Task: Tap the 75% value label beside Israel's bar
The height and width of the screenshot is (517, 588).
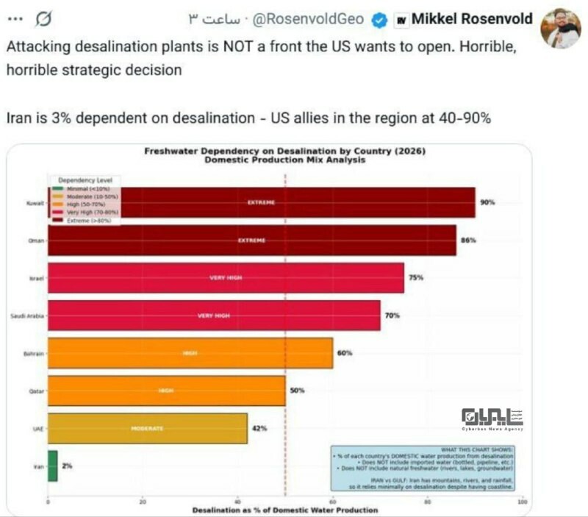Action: tap(417, 278)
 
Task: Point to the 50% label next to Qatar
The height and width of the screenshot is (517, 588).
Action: tap(297, 391)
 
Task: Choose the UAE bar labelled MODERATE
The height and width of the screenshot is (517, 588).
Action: tap(147, 428)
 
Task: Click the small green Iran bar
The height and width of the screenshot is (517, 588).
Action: tap(52, 466)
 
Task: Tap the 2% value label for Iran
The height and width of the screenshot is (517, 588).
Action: tap(67, 466)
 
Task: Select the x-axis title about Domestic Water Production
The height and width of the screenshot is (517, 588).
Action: tap(284, 510)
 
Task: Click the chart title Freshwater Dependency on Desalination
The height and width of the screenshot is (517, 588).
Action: tap(284, 151)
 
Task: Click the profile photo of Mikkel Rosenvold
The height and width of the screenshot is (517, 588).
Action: tap(561, 28)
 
